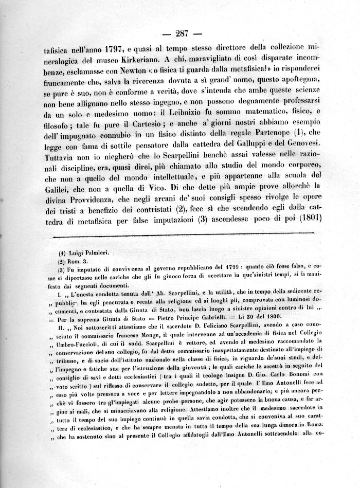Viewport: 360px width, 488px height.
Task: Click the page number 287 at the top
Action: tap(183, 34)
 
